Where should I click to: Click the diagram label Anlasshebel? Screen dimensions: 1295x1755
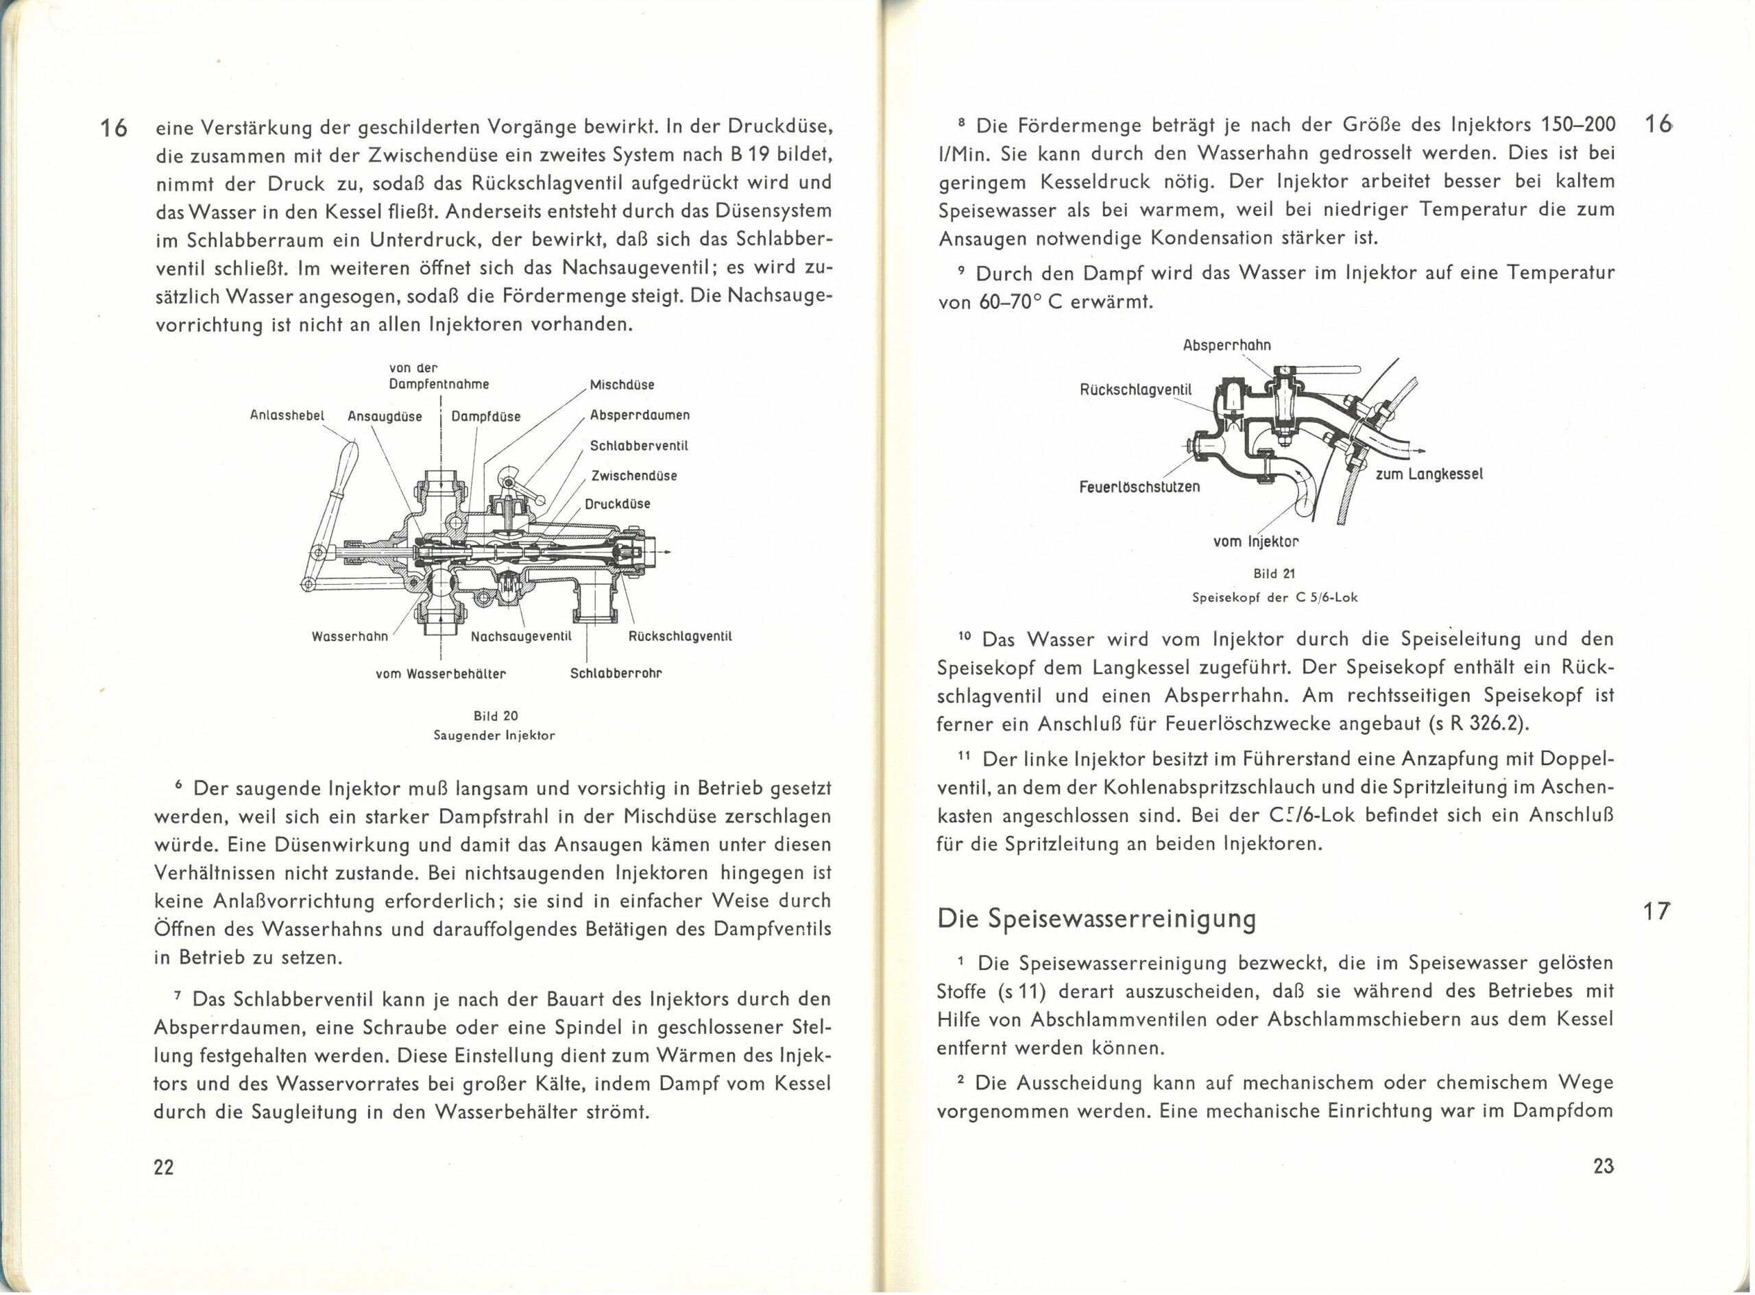[x=286, y=416]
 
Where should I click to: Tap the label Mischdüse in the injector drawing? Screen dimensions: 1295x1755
[x=622, y=385]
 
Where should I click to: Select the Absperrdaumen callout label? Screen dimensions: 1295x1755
[x=640, y=415]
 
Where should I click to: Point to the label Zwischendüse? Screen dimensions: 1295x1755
[x=634, y=476]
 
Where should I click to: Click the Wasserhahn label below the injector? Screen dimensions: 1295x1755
[x=350, y=636]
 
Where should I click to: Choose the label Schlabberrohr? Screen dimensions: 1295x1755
[x=616, y=673]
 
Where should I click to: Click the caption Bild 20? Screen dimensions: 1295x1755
[x=496, y=716]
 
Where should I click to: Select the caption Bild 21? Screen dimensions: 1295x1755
[x=1274, y=574]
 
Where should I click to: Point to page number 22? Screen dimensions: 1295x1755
[x=163, y=1167]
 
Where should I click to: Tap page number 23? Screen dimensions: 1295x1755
[x=1603, y=1166]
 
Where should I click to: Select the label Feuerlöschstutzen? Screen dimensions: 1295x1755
[x=1139, y=487]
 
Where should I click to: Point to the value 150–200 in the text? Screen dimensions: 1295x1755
[x=1575, y=125]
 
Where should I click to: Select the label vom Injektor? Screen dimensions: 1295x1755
[x=1256, y=541]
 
